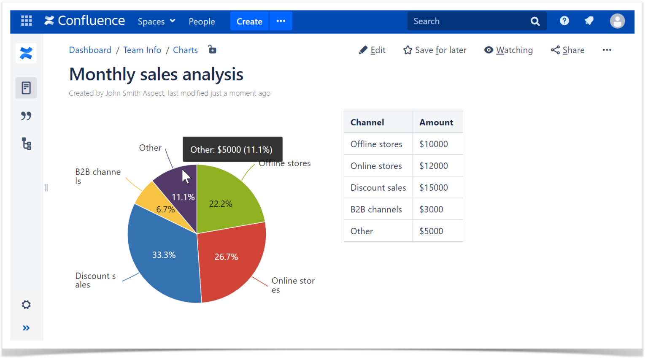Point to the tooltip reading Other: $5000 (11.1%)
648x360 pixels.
click(x=232, y=149)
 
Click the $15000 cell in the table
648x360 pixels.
click(x=434, y=188)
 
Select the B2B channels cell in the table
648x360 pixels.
click(x=376, y=210)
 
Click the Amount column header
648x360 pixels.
click(x=436, y=122)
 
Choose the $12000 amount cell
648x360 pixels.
click(x=434, y=166)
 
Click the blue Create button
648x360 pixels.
click(x=249, y=22)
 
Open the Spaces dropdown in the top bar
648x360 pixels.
click(x=156, y=22)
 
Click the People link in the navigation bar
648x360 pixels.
click(x=202, y=22)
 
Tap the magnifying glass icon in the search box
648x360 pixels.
click(x=535, y=22)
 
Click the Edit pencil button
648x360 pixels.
click(x=372, y=50)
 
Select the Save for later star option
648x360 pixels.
click(x=435, y=50)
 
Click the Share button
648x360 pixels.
click(x=568, y=50)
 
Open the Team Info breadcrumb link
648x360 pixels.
click(x=142, y=50)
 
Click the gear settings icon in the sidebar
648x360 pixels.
click(x=26, y=305)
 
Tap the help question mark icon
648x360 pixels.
click(x=564, y=21)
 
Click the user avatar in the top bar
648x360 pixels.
click(x=617, y=21)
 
